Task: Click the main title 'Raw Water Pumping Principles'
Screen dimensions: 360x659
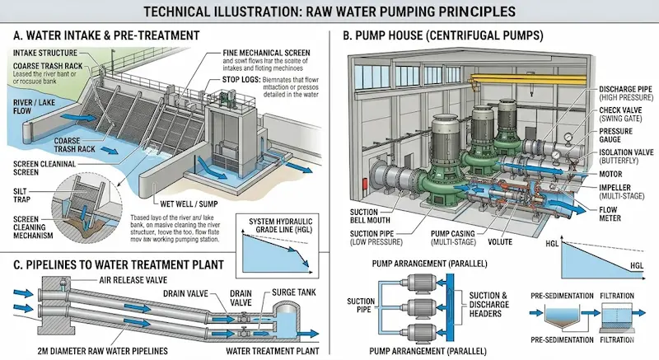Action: pos(329,12)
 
